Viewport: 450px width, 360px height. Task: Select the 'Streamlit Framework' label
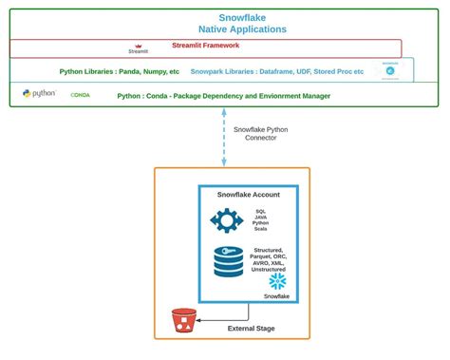click(x=204, y=44)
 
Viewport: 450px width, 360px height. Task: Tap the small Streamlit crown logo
click(x=138, y=45)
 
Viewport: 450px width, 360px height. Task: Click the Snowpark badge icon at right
click(x=389, y=69)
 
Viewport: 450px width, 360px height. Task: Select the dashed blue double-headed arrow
click(x=225, y=138)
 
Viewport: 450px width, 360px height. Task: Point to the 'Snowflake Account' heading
click(x=248, y=195)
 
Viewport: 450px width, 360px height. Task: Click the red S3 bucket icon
click(x=182, y=322)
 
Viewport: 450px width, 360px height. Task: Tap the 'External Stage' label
click(x=253, y=330)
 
